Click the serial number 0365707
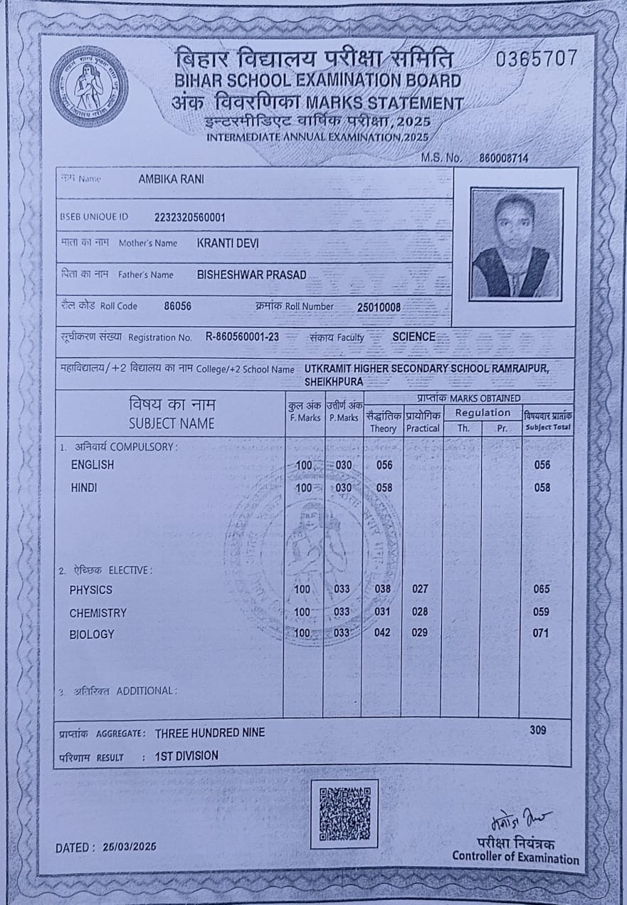(537, 59)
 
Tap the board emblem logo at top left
(89, 86)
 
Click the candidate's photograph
(517, 244)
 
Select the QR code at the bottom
(344, 813)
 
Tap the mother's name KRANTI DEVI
(228, 244)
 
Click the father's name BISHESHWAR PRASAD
(251, 275)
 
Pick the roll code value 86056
(177, 306)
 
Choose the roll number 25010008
(379, 308)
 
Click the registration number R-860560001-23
(242, 338)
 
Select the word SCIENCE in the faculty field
(413, 336)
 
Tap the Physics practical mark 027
(422, 589)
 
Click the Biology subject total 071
(541, 632)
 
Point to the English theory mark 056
(384, 465)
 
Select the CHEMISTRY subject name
(98, 613)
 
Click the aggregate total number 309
(540, 730)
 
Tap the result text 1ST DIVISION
(186, 755)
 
